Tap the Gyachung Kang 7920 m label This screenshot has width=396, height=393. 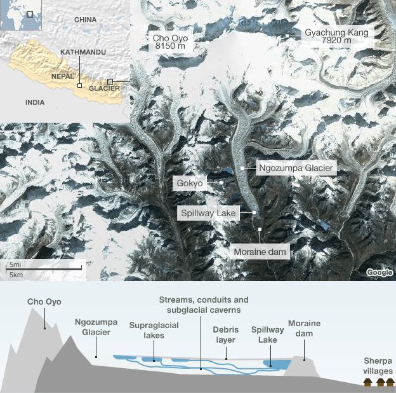(336, 37)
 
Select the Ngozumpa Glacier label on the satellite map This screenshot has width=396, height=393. (295, 168)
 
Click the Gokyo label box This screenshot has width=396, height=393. (190, 183)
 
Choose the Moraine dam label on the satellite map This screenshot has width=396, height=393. (260, 252)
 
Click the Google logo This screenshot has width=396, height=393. (379, 272)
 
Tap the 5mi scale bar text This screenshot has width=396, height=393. (14, 264)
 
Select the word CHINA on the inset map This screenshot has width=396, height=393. (85, 20)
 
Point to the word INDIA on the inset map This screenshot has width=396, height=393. (35, 102)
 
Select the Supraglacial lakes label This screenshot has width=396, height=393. (154, 329)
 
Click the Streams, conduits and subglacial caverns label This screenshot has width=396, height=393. (204, 305)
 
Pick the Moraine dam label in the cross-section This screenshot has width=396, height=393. (304, 328)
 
